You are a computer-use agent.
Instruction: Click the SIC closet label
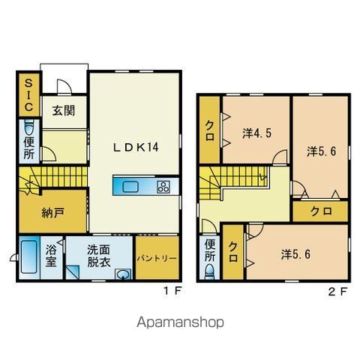[x=28, y=95]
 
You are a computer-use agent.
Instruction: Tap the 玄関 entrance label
[x=64, y=110]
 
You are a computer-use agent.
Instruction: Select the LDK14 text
[x=136, y=147]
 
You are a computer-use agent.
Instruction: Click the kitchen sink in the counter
[x=130, y=187]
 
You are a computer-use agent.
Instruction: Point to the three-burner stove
[x=163, y=187]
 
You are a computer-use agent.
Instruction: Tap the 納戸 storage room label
[x=53, y=213]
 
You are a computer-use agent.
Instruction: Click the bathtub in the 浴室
[x=29, y=257]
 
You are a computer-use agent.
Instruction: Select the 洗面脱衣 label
[x=99, y=256]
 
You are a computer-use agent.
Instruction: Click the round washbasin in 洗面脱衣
[x=122, y=274]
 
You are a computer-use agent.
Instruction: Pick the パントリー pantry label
[x=157, y=259]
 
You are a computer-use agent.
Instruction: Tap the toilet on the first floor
[x=29, y=127]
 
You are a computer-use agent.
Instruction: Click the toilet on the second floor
[x=210, y=272]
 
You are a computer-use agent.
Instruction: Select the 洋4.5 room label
[x=256, y=133]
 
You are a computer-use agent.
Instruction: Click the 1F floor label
[x=172, y=291]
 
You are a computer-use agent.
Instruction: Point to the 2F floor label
[x=338, y=292]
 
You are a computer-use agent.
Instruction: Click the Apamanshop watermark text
[x=180, y=322]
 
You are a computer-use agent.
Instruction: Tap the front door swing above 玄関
[x=64, y=87]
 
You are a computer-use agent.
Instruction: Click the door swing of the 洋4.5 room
[x=280, y=157]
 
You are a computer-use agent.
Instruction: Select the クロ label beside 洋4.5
[x=210, y=130]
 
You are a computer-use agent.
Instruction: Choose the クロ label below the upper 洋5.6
[x=321, y=211]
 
